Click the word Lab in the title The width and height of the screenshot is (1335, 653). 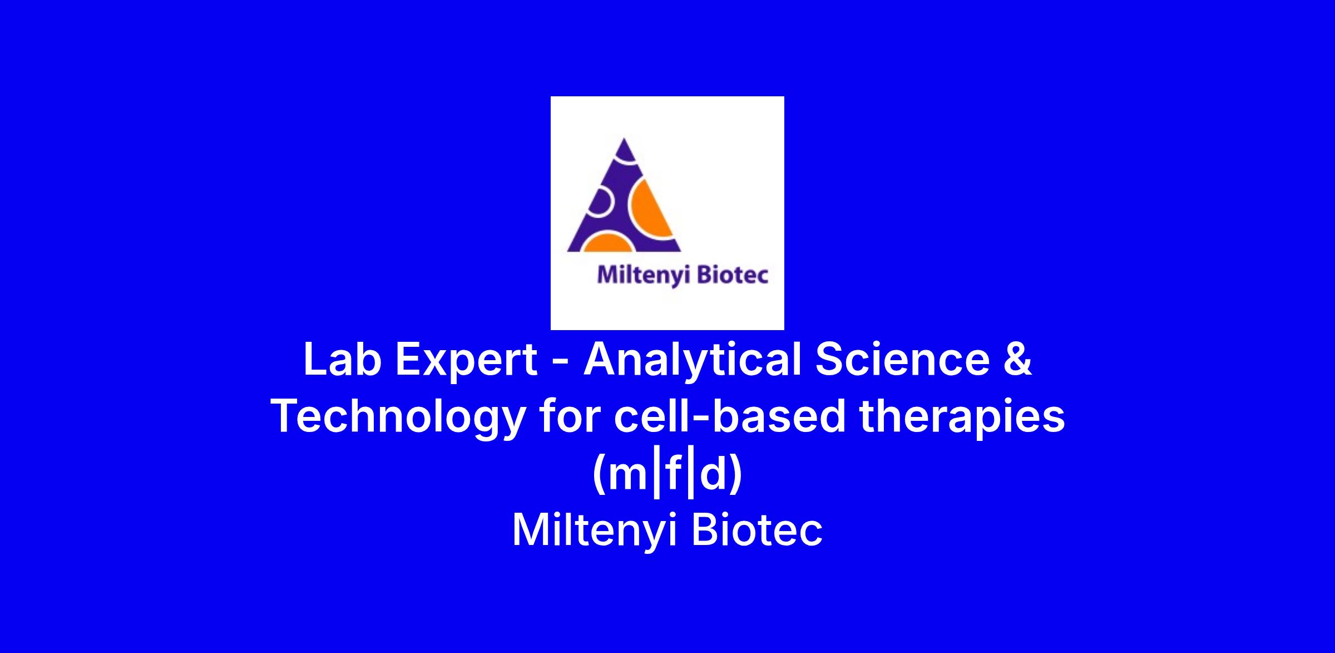coord(342,360)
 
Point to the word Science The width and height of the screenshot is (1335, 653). coord(902,360)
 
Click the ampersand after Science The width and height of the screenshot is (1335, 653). coord(1017,360)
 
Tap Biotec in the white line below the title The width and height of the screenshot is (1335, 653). coord(757,529)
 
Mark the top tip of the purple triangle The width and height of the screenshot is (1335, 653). coord(624,138)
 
